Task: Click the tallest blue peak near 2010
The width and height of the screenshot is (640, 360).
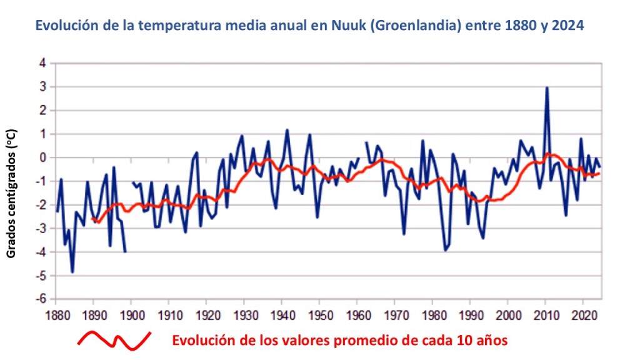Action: click(x=547, y=88)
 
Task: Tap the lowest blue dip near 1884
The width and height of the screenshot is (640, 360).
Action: click(x=72, y=272)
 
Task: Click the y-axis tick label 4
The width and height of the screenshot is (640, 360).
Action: click(x=42, y=63)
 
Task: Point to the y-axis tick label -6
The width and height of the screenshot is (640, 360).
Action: click(x=41, y=299)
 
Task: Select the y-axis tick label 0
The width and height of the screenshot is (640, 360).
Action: click(x=42, y=157)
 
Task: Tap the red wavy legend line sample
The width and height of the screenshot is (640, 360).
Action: click(x=114, y=340)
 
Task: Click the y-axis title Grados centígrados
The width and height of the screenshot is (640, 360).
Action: click(x=11, y=194)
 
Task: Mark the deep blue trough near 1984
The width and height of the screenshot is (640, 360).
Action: click(x=446, y=250)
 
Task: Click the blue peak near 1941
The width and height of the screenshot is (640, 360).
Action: click(x=287, y=131)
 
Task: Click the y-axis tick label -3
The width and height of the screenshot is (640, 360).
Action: click(x=41, y=228)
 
